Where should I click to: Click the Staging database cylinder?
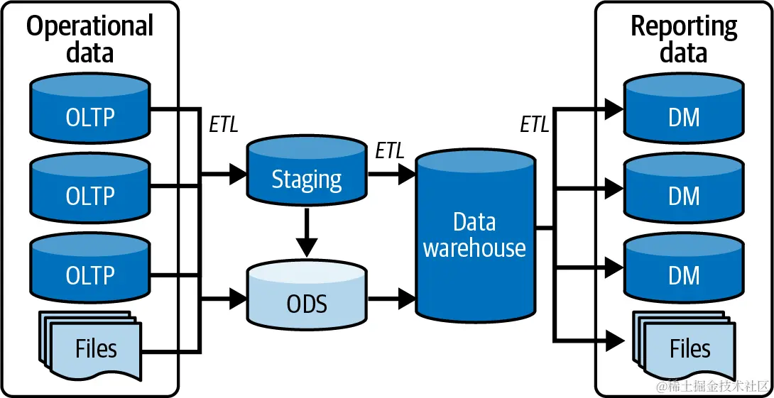coord(306,174)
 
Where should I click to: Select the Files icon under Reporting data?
coord(685,348)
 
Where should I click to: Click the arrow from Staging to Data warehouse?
coord(390,172)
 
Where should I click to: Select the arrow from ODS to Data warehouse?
coord(391,299)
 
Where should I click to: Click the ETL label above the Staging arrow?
coord(389,150)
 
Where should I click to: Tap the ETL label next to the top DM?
coord(534,125)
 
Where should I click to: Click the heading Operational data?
coord(90,40)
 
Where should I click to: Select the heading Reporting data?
coord(684,40)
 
